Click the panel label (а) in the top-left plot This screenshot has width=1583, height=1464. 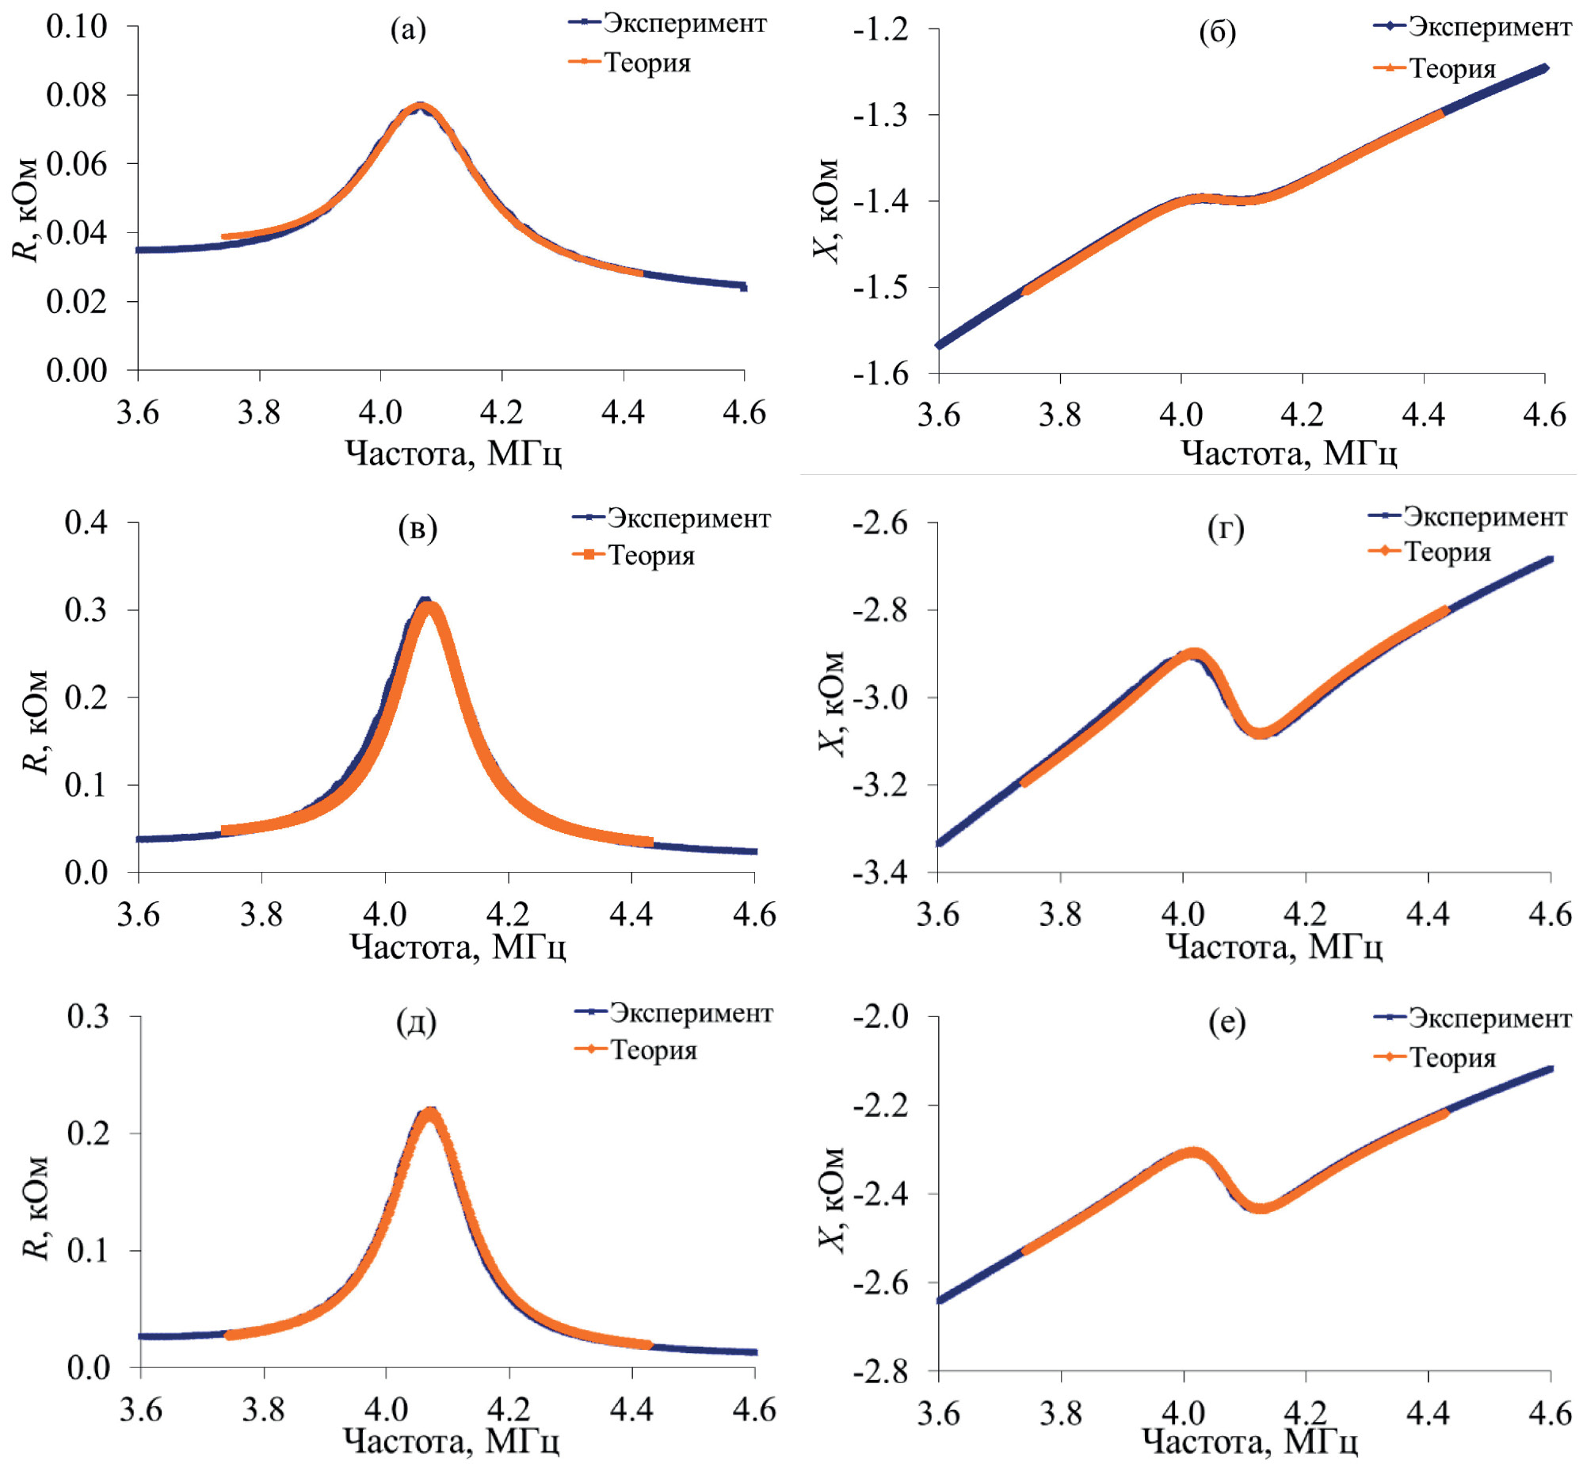[x=408, y=30]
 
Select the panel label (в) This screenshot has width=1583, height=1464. [x=418, y=528]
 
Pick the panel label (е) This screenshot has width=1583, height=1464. [x=1226, y=1023]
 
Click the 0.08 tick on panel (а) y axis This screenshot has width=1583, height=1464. [x=76, y=95]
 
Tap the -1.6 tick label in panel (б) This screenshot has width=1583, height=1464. [x=880, y=373]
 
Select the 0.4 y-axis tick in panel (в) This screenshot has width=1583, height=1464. [x=86, y=522]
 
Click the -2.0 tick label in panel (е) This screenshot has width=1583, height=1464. [x=880, y=1016]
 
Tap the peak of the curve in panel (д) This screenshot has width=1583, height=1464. [x=429, y=1113]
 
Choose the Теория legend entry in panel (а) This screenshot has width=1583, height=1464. [x=647, y=62]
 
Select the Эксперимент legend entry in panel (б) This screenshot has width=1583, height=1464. [x=1489, y=26]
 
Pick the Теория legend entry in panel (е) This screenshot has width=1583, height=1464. [x=1451, y=1057]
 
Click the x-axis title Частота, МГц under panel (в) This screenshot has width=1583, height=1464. [x=458, y=946]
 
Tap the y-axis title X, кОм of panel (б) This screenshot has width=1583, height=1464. [x=826, y=211]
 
